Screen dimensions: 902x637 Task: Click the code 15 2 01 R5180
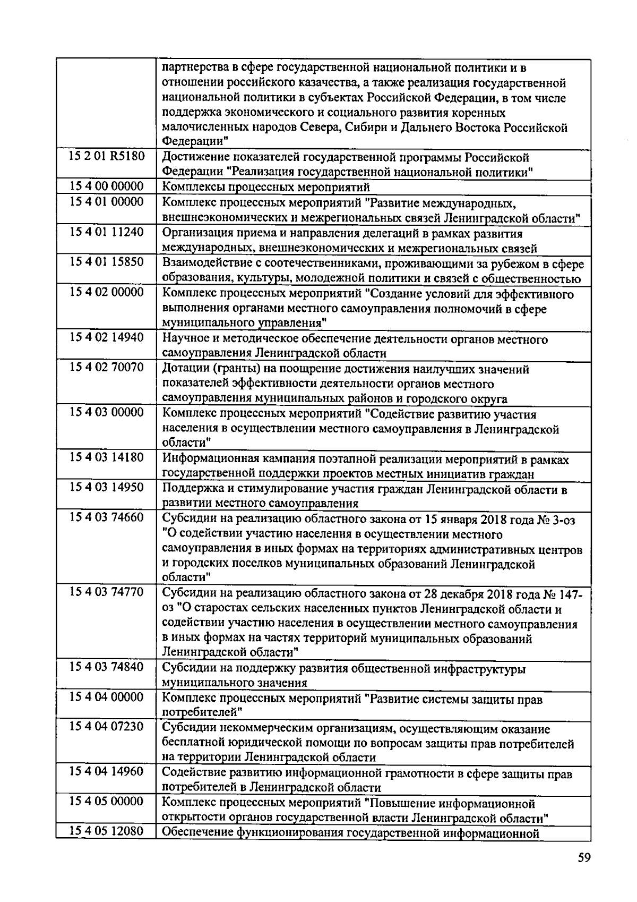pos(106,157)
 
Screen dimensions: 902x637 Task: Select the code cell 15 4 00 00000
pos(106,186)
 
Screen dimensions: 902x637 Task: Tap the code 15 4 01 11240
pos(106,233)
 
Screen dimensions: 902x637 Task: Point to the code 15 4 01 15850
pos(106,263)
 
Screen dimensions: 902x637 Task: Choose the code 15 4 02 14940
pos(106,338)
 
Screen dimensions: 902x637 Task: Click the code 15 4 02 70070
pos(106,368)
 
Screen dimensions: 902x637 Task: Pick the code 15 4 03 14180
pos(106,458)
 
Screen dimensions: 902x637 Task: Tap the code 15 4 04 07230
pos(106,727)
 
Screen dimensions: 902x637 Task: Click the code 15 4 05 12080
pos(106,832)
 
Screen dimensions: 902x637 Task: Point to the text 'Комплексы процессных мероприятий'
pos(265,188)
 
